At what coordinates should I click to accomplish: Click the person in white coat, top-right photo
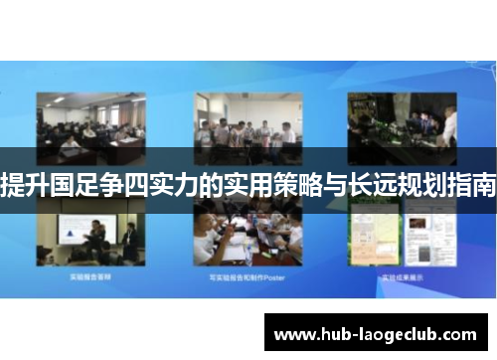click(449, 125)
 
